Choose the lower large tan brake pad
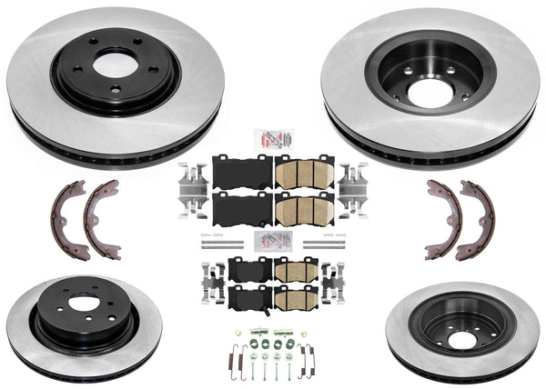point(304,209)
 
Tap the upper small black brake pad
point(245,268)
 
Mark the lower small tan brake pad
point(298,297)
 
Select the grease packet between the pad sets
point(272,242)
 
